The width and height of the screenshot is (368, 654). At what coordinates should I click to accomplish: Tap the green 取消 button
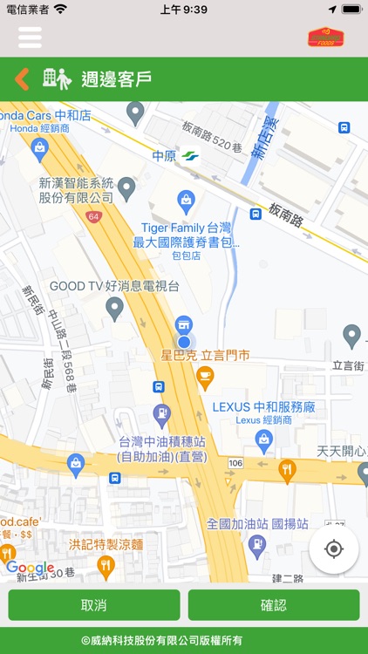coord(94,605)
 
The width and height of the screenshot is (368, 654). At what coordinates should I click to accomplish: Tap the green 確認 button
coord(273,605)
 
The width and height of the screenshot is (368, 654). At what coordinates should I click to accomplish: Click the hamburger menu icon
coord(30,37)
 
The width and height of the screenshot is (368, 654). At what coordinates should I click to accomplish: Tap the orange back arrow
coord(22,79)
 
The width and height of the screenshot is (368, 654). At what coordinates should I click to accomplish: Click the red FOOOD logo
coord(325,37)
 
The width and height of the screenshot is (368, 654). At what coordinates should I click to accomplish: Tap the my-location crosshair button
coord(334,549)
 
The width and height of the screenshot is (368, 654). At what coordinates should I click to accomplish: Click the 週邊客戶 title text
coord(117,79)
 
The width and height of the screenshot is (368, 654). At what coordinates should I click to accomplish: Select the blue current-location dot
coord(184,342)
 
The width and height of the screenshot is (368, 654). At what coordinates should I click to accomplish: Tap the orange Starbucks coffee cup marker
coord(205,376)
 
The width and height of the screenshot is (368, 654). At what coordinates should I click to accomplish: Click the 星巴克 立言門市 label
coord(206,356)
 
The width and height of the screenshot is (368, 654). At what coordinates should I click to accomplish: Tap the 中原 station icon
coord(189,157)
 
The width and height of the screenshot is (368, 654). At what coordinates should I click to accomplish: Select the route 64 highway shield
coord(94,215)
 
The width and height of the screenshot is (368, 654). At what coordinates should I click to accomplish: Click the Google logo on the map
coord(31,568)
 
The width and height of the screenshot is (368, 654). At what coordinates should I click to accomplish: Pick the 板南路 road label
coord(286,214)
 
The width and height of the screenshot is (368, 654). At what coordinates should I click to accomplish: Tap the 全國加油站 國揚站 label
coord(257,524)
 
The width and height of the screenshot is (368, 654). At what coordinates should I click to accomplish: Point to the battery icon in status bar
coord(351,9)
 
